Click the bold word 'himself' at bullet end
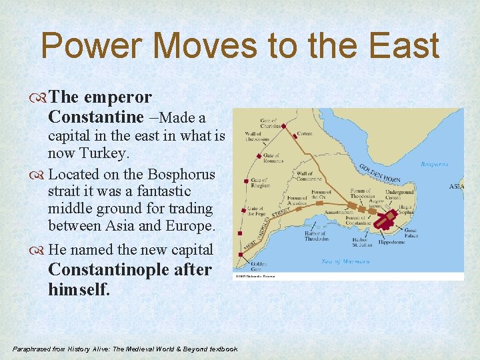78,289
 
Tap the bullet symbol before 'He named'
41,250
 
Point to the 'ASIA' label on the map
456,187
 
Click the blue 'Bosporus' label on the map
434,164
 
